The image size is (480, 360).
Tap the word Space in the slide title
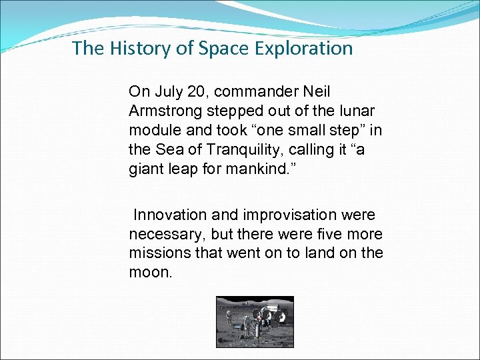point(206,48)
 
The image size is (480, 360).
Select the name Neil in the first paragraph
point(317,91)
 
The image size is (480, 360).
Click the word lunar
point(357,110)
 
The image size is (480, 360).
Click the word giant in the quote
point(145,169)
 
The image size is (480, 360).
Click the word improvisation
point(288,215)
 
